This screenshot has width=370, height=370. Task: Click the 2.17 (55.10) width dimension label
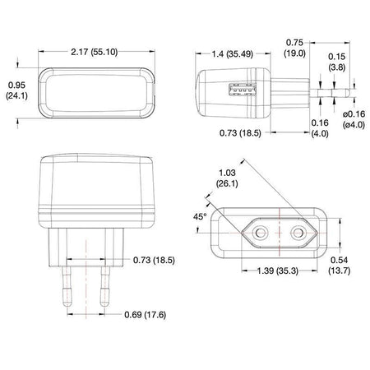(x=95, y=52)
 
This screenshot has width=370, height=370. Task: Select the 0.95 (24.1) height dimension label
(x=16, y=90)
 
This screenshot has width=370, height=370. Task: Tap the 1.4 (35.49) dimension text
(x=232, y=54)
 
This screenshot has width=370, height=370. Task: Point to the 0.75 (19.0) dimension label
(x=294, y=48)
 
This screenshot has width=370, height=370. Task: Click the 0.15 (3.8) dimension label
(x=337, y=62)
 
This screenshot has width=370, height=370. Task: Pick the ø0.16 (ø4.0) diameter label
(x=354, y=119)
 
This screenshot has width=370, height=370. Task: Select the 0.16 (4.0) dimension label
(x=320, y=128)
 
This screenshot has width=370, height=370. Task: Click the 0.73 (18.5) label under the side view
(x=240, y=133)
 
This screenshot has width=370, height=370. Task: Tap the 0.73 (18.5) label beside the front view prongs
(x=154, y=260)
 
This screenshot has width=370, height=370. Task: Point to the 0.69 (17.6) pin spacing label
(x=146, y=314)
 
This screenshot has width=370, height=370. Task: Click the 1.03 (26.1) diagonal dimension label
(x=227, y=178)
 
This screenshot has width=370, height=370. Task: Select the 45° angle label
(x=200, y=217)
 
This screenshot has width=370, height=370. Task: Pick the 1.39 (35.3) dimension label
(x=278, y=271)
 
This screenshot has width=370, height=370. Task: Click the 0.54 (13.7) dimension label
(x=340, y=265)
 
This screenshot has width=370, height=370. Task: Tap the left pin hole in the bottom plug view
(x=260, y=234)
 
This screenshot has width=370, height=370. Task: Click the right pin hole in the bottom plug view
(x=298, y=234)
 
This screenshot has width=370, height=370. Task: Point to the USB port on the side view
(x=243, y=90)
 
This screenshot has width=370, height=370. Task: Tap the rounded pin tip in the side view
(x=348, y=93)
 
